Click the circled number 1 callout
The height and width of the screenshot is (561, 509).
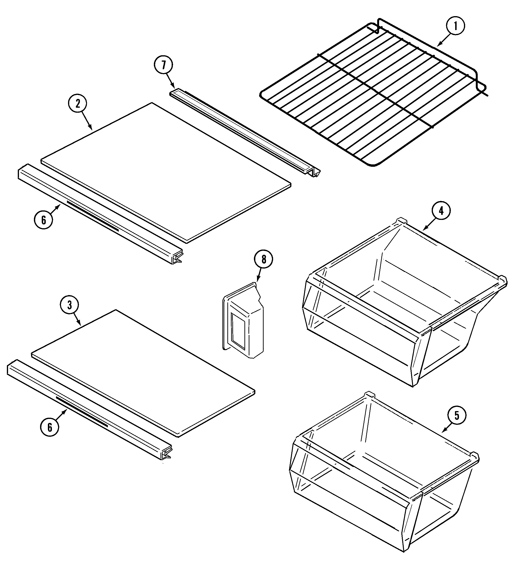click(x=455, y=26)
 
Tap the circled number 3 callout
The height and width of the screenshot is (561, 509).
click(x=69, y=305)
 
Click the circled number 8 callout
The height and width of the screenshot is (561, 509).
click(x=263, y=259)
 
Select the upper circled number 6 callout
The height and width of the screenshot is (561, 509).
click(x=43, y=220)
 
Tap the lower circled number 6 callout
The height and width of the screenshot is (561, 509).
click(x=50, y=427)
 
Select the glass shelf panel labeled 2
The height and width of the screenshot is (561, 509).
click(x=167, y=172)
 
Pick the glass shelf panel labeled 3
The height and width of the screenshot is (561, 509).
click(x=145, y=373)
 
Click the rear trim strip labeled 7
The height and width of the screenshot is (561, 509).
click(x=245, y=131)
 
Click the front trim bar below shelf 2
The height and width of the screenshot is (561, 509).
click(x=100, y=214)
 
